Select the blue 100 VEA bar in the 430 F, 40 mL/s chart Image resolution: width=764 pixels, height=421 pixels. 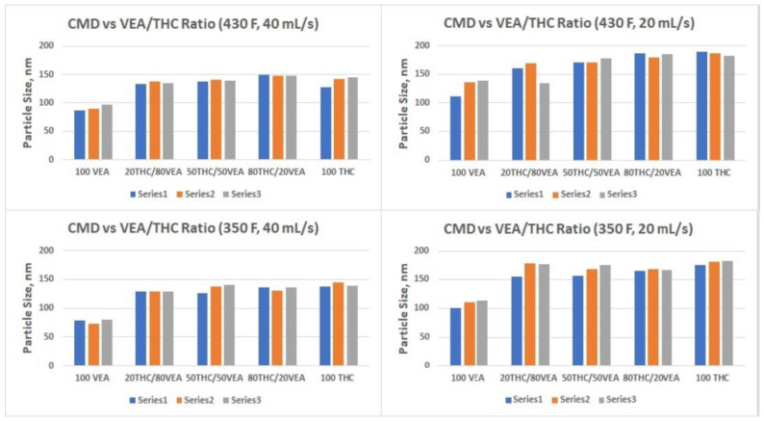tap(80, 135)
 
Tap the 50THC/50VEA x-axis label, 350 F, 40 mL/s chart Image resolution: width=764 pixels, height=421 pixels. tap(216, 378)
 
